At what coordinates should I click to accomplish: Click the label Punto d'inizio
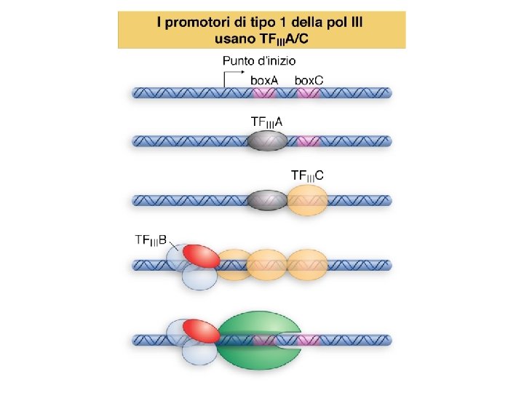point(259,61)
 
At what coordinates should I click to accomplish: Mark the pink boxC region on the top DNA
point(309,93)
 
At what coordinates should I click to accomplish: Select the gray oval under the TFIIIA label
point(267,141)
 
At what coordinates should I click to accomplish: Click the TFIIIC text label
point(309,175)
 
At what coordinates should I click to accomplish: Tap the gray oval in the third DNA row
point(267,199)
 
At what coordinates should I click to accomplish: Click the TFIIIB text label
point(152,239)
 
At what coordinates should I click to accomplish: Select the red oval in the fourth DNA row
point(201,255)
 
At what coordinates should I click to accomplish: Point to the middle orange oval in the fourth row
point(267,265)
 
